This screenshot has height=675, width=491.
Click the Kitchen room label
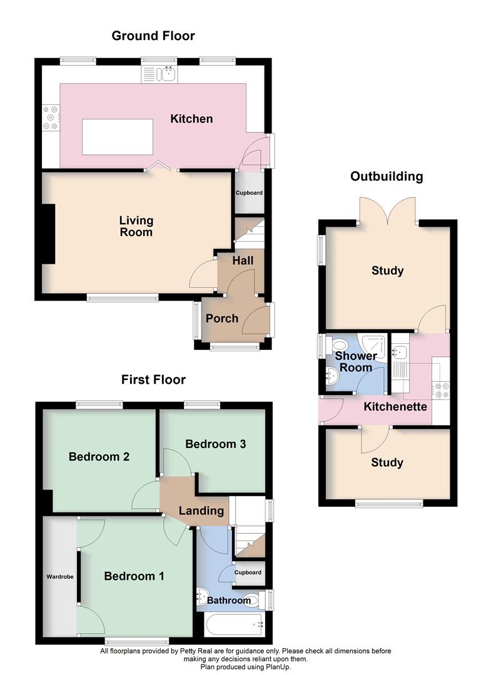pyautogui.click(x=191, y=119)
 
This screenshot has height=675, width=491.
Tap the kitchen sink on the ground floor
pyautogui.click(x=159, y=74)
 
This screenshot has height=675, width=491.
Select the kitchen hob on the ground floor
pyautogui.click(x=51, y=117)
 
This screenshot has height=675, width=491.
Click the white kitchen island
pyautogui.click(x=117, y=137)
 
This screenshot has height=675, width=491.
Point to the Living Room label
pyautogui.click(x=136, y=226)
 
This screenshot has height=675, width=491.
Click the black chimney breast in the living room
pyautogui.click(x=48, y=233)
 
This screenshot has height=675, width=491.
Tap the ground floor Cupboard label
pyautogui.click(x=249, y=193)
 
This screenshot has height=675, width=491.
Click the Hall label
pyautogui.click(x=243, y=261)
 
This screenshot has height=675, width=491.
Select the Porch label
pyautogui.click(x=222, y=319)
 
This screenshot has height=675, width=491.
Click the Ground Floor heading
pyautogui.click(x=153, y=36)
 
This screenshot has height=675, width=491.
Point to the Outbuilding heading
pyautogui.click(x=387, y=176)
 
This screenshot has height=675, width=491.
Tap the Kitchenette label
pyautogui.click(x=395, y=407)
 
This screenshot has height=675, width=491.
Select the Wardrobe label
pyautogui.click(x=60, y=577)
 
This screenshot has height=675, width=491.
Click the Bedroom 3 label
pyautogui.click(x=215, y=444)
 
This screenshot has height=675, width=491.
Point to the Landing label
pyautogui.click(x=201, y=511)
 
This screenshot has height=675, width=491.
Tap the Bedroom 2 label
pyautogui.click(x=99, y=457)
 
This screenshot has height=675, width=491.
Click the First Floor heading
pyautogui.click(x=153, y=380)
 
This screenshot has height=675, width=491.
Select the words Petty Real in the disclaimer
pyautogui.click(x=196, y=651)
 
